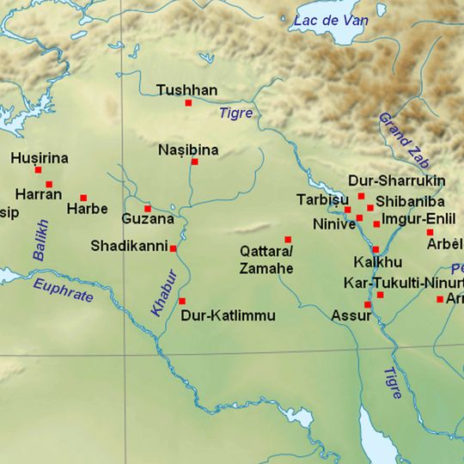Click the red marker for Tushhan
coord(188,103)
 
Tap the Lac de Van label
coord(327,20)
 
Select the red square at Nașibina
coord(194,162)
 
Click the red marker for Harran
coord(49,184)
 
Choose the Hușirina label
coord(40,158)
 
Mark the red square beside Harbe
coord(83,198)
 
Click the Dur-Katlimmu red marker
coord(181,301)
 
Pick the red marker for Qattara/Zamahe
coord(288,239)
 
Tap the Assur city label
coord(351,315)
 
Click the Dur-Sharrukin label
coord(396,181)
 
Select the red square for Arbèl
coord(430,232)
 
